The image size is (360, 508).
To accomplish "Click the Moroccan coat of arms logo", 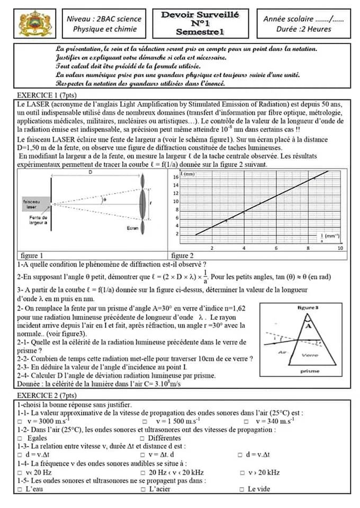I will coord(34,24).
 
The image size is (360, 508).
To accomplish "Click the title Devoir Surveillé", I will coord(200,15).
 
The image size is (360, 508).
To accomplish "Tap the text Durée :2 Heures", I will coord(303,29).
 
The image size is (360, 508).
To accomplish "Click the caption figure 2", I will coord(183,255).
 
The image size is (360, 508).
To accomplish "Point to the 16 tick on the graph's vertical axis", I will coord(176,177).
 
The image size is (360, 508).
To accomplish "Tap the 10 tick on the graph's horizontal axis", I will coord(340,248).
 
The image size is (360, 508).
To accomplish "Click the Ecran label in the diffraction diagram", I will coord(133,228).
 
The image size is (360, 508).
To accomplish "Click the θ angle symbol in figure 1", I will coord(105,201).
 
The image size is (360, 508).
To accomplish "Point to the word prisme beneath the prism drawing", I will coord(309,371).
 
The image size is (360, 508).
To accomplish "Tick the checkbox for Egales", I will coord(20,439).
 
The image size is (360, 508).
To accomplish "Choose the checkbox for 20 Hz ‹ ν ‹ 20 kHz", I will coord(143,473).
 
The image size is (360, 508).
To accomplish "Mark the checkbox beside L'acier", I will coord(143,489).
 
